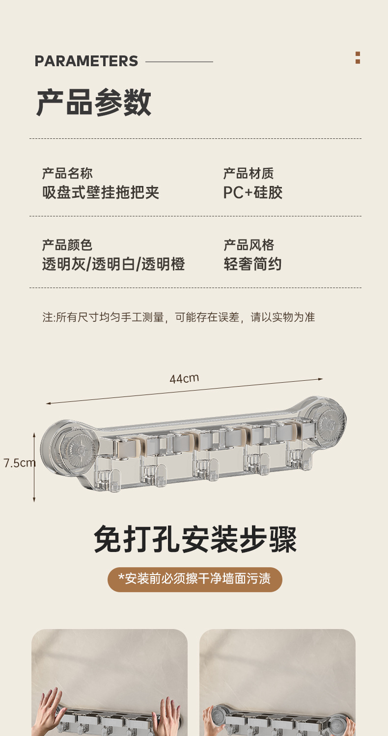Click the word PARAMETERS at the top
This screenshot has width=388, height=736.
point(86,61)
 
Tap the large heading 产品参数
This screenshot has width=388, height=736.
point(94,103)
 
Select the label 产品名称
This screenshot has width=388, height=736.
point(67,173)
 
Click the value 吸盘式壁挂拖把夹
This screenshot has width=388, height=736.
point(101,192)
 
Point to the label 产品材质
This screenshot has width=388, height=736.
point(249,173)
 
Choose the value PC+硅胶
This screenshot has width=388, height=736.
point(253,192)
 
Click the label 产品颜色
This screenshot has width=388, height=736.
point(67,245)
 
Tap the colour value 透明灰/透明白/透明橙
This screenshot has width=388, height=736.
point(113,264)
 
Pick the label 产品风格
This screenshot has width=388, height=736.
point(249,245)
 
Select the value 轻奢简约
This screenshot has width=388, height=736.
point(253,264)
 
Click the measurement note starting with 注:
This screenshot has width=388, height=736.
point(178,317)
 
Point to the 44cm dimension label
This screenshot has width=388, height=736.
point(184,378)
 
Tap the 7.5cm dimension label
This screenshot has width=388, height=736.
point(19,463)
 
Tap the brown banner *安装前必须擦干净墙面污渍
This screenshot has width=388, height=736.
point(195,579)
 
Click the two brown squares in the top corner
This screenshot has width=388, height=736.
point(358,58)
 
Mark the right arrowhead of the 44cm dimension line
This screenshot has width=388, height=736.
point(321,379)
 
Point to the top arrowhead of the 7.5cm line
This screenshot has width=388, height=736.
point(34,435)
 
